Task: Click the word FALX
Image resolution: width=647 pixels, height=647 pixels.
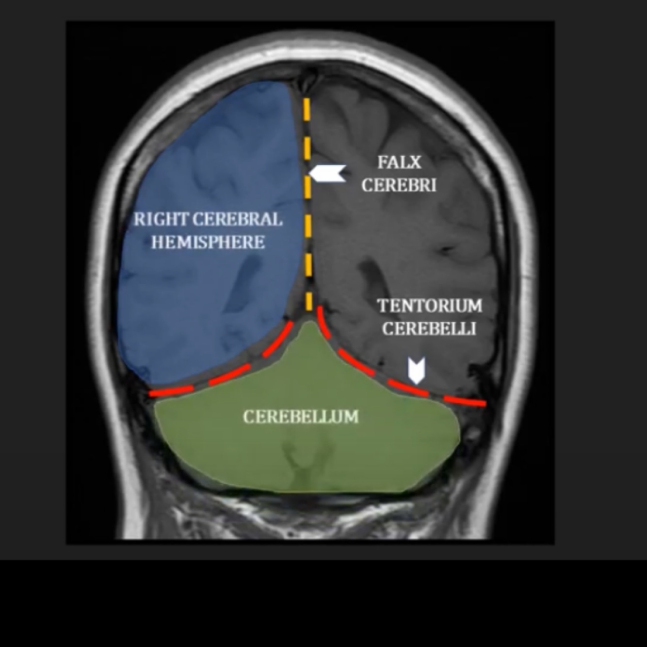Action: point(399,162)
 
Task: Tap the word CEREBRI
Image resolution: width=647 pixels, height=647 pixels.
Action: point(399,185)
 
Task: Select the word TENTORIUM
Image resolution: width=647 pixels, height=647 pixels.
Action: point(430,306)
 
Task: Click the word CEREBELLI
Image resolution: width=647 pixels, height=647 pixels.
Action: point(429,328)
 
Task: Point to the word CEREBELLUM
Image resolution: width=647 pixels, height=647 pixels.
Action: point(301,417)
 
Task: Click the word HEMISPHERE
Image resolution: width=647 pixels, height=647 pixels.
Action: point(208,242)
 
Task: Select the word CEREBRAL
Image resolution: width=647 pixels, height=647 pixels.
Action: point(237,219)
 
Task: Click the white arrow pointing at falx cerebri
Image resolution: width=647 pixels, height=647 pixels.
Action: point(327,173)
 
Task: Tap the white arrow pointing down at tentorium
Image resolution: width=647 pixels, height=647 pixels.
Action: point(416,371)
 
